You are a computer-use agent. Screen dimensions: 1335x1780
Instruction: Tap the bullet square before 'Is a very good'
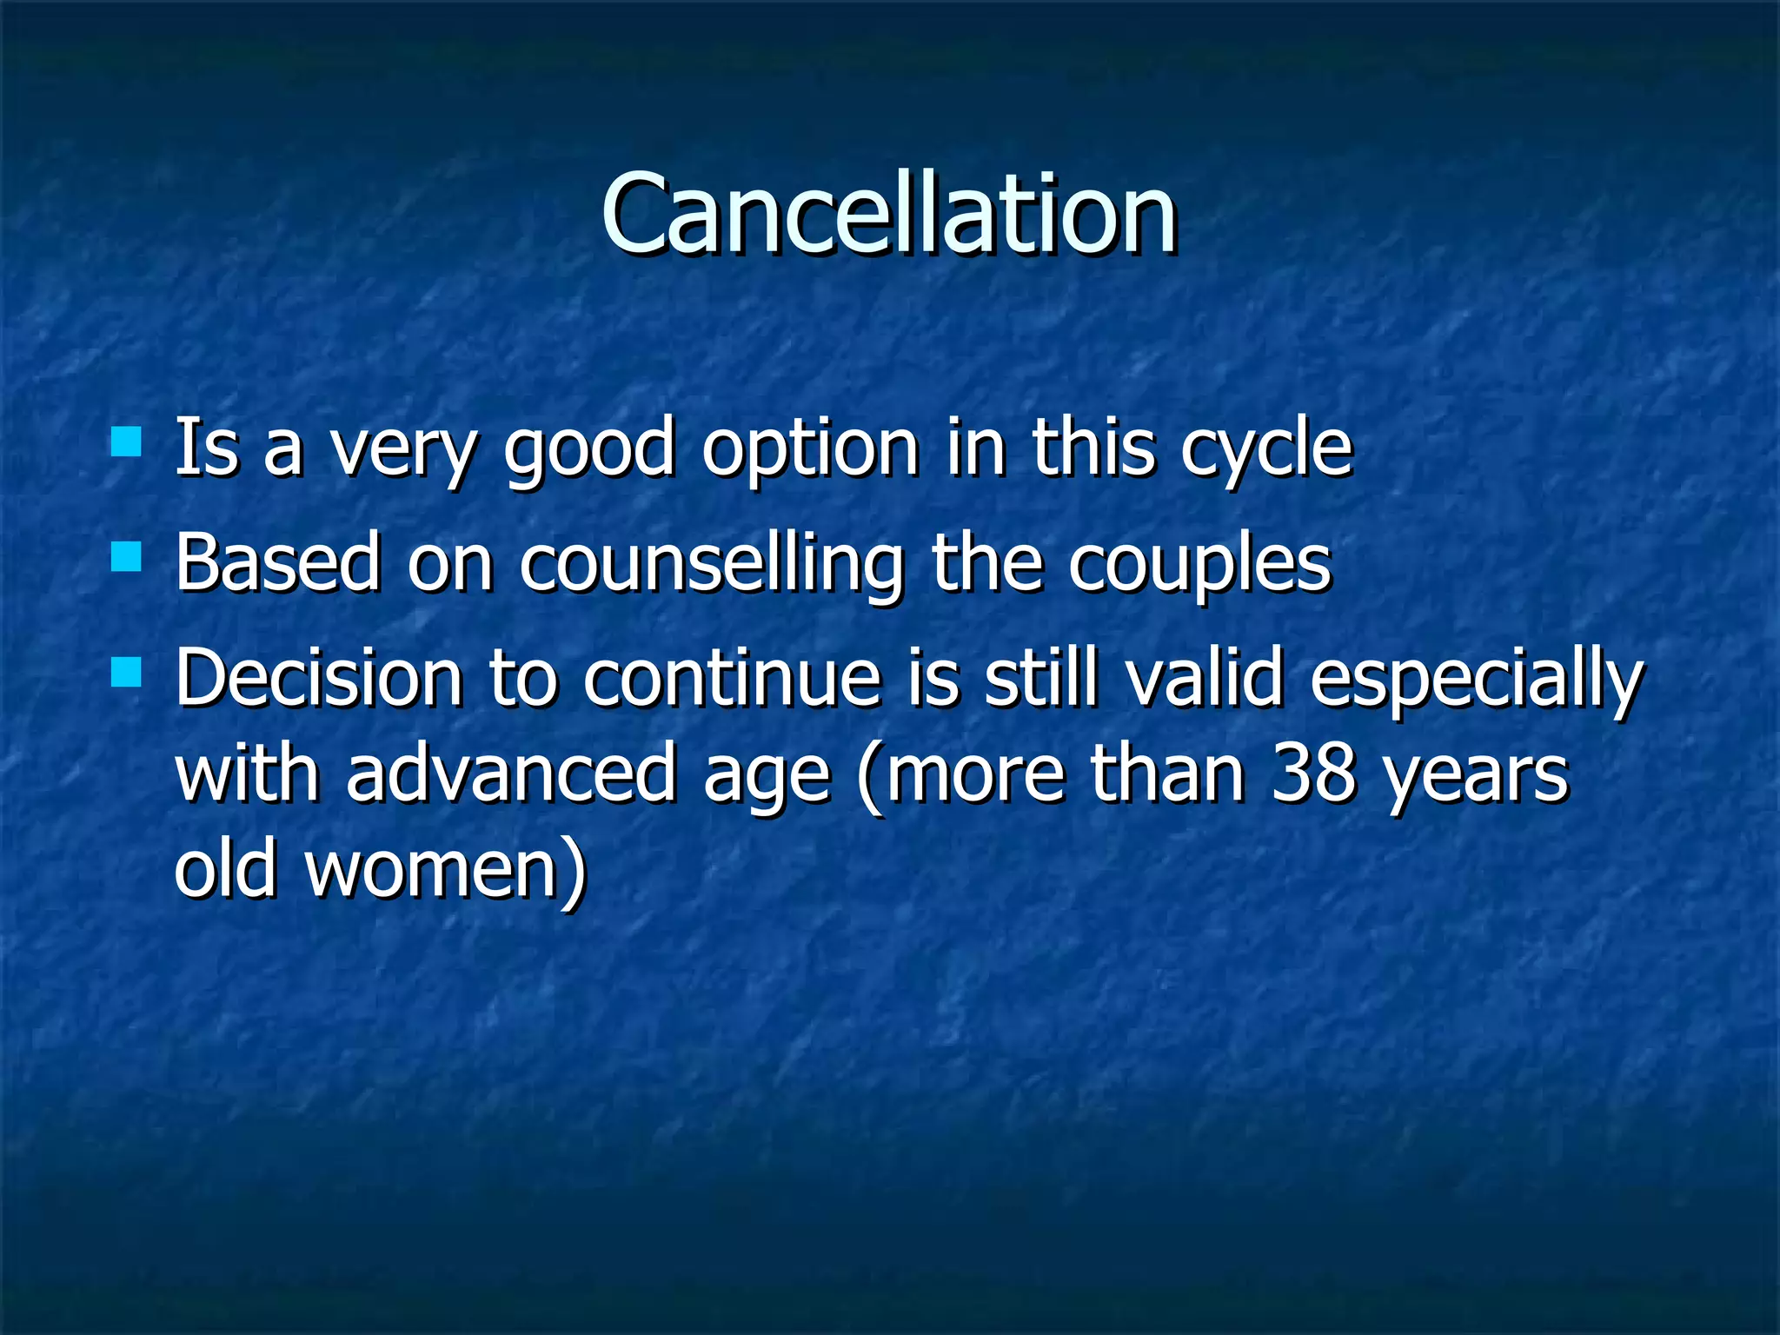pyautogui.click(x=127, y=442)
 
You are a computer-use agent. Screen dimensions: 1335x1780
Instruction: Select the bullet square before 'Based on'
pyautogui.click(x=127, y=556)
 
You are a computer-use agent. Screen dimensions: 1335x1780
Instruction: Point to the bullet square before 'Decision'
pyautogui.click(x=127, y=672)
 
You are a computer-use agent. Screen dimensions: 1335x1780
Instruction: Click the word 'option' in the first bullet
pyautogui.click(x=810, y=450)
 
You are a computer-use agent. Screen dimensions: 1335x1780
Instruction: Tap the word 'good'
pyautogui.click(x=589, y=450)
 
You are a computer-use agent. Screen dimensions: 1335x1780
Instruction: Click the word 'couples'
pyautogui.click(x=1199, y=565)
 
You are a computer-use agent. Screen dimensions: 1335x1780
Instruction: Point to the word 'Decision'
pyautogui.click(x=318, y=679)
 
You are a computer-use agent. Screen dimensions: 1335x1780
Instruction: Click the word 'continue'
pyautogui.click(x=732, y=679)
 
